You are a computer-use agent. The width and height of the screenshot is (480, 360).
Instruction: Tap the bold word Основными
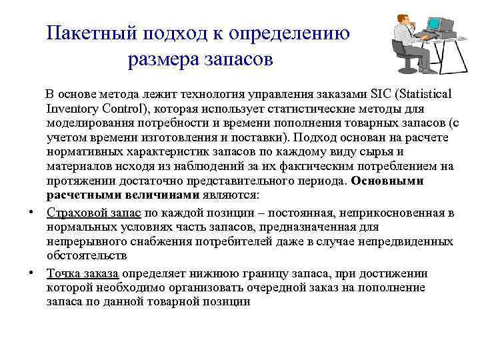pyautogui.click(x=387, y=181)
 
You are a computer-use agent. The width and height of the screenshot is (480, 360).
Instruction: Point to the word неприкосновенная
pyautogui.click(x=395, y=213)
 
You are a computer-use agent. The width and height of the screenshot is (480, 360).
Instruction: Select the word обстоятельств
pyautogui.click(x=87, y=257)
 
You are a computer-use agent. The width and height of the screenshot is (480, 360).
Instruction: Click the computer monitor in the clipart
pyautogui.click(x=435, y=25)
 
